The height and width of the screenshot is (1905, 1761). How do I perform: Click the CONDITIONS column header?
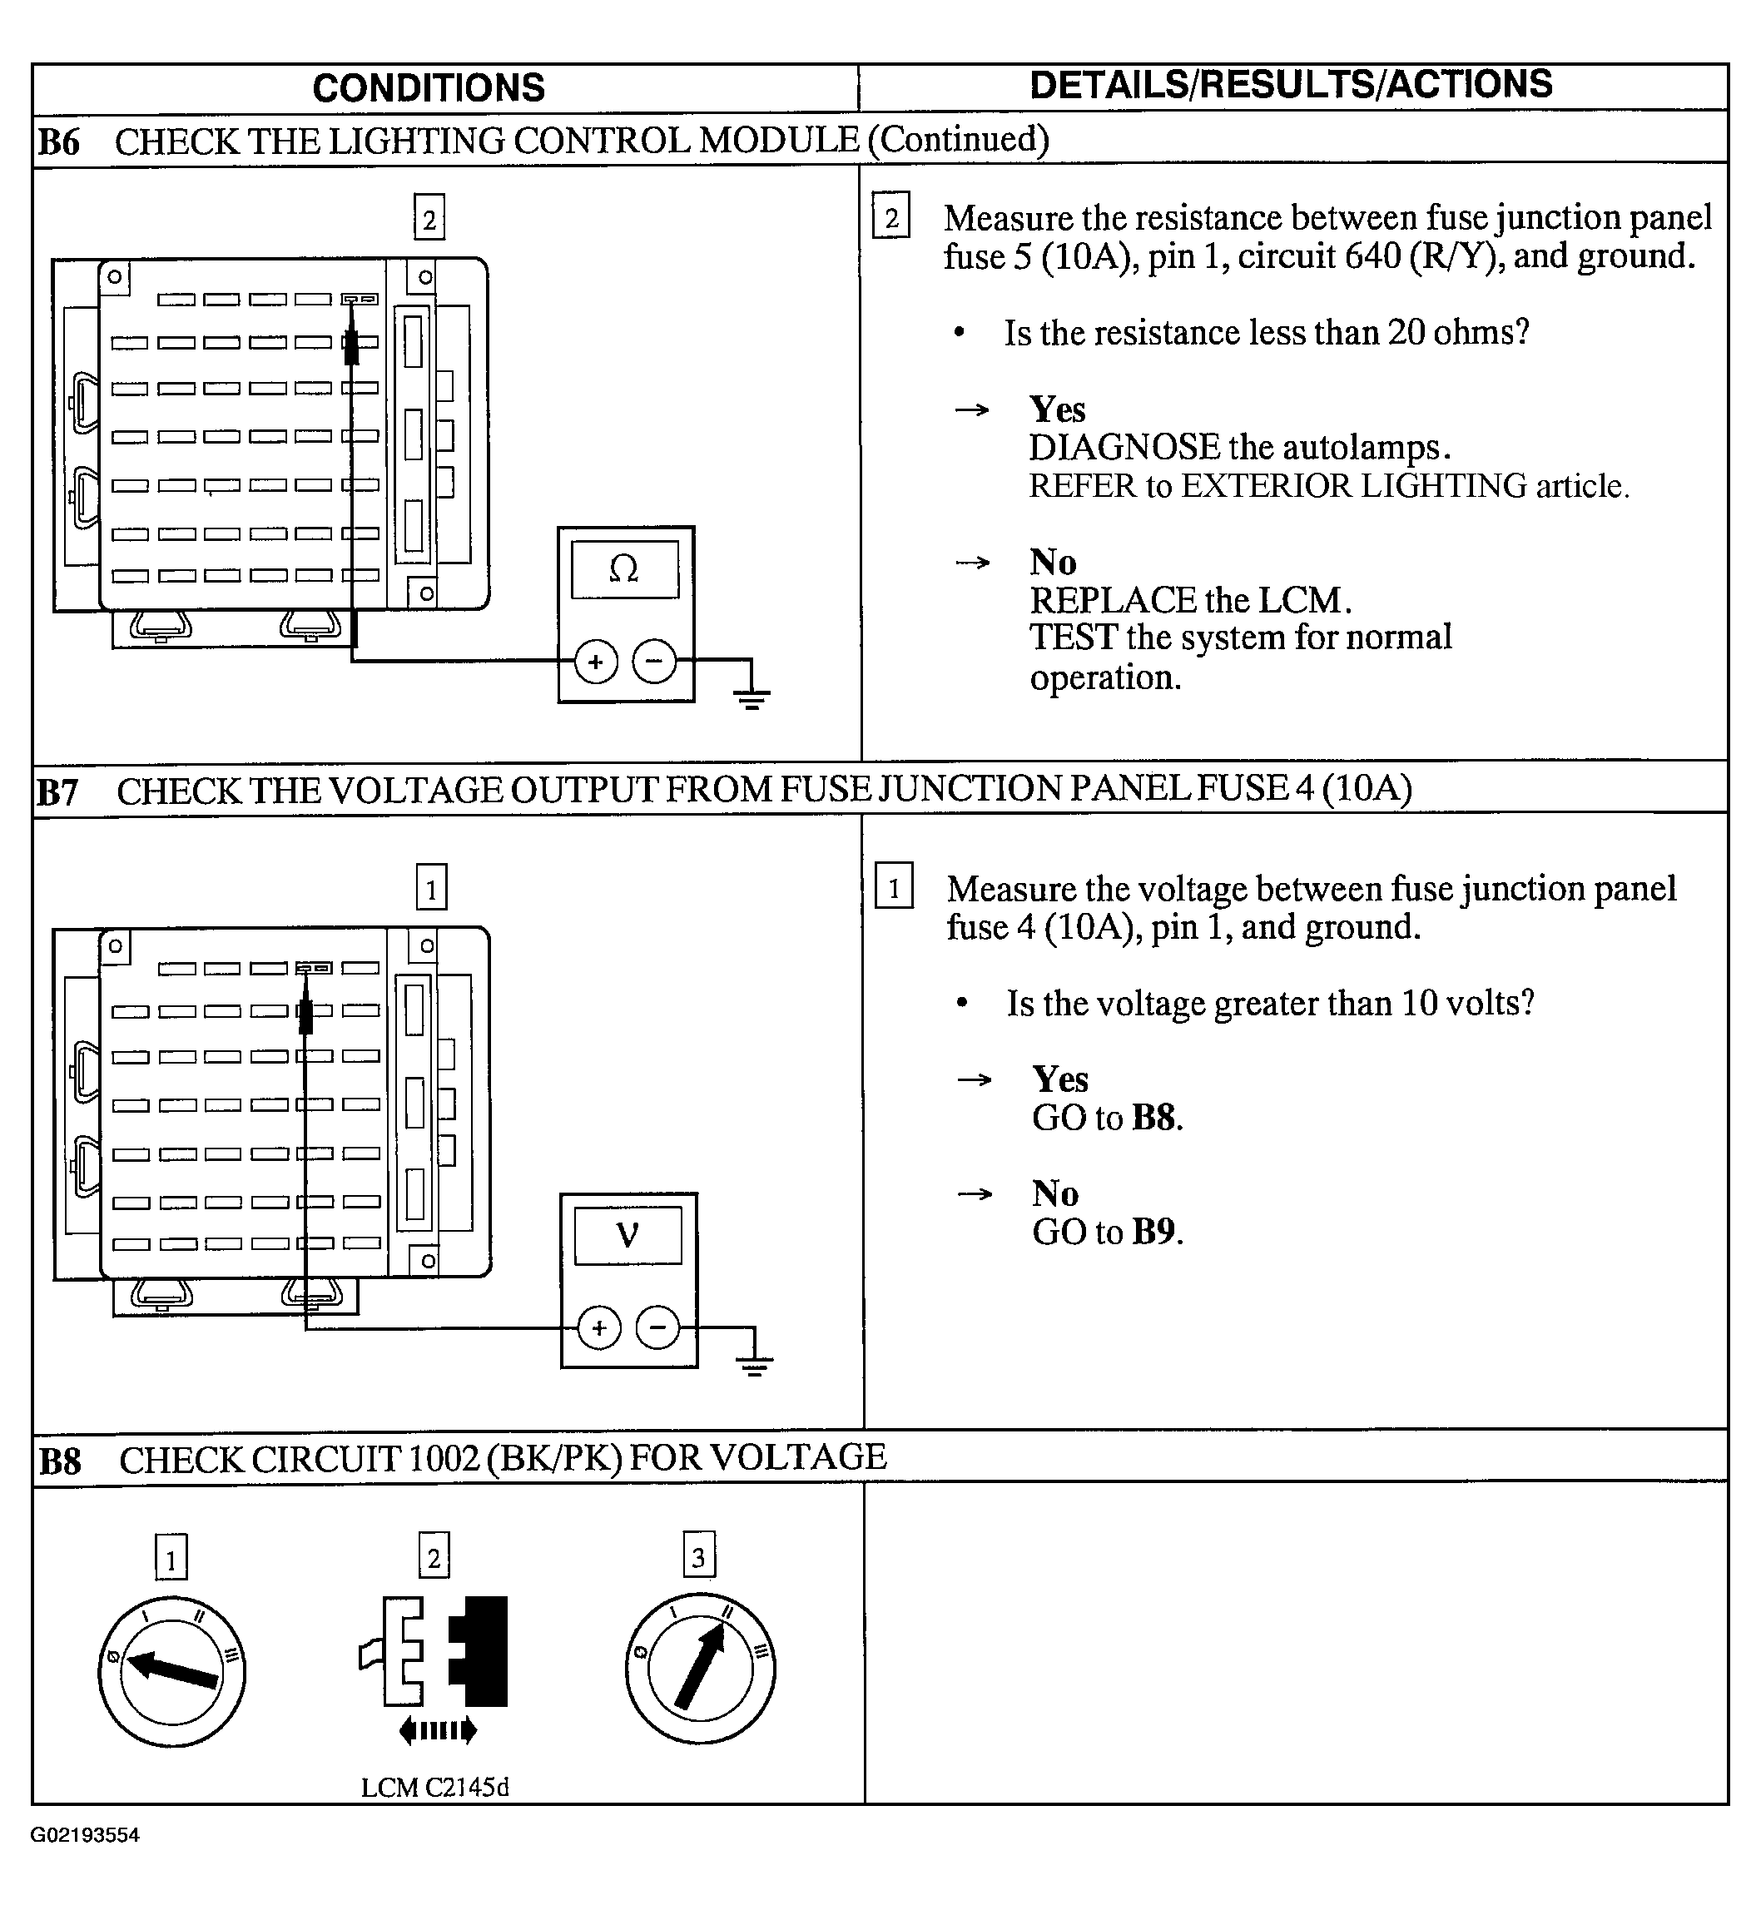tap(428, 87)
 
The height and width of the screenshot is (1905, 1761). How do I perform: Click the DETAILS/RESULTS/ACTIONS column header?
tap(1292, 85)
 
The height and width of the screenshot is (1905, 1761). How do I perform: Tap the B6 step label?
tap(58, 141)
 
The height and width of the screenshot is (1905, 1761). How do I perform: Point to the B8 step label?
tap(60, 1461)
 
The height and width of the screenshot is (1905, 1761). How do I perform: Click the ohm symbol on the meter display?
tap(624, 569)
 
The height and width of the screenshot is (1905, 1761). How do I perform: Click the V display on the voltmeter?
tap(627, 1236)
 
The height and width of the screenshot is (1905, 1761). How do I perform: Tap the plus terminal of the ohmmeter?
tap(597, 662)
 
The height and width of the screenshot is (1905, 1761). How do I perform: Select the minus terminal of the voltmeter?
tap(657, 1327)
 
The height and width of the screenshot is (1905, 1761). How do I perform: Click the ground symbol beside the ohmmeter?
tap(752, 698)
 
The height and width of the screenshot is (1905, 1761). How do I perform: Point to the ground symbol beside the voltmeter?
tap(755, 1366)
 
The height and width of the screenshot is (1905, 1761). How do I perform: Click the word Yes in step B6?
tap(1057, 409)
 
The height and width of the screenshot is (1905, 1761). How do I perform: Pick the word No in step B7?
tap(1055, 1193)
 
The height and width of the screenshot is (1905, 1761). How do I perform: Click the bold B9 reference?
tap(1155, 1233)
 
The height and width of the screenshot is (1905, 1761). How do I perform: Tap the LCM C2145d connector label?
tap(434, 1787)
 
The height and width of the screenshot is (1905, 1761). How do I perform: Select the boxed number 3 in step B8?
tap(698, 1557)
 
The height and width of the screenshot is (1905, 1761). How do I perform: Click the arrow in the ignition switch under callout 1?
tap(172, 1670)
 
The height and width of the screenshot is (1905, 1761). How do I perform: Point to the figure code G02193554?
tap(85, 1834)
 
